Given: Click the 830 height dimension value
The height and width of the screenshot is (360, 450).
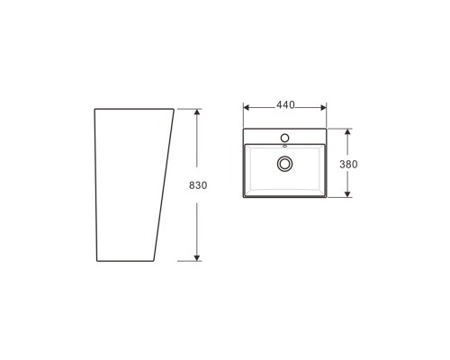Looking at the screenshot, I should pyautogui.click(x=199, y=185).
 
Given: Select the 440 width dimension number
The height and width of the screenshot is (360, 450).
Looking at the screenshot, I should pyautogui.click(x=285, y=105).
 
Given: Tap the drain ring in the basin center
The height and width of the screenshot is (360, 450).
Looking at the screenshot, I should pyautogui.click(x=285, y=163).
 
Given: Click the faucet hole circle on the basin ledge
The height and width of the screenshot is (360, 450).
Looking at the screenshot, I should pyautogui.click(x=285, y=137).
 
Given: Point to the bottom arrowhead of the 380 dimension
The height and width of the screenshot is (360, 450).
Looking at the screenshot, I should pyautogui.click(x=345, y=195).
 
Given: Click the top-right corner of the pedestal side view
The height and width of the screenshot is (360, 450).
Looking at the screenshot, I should pyautogui.click(x=175, y=109).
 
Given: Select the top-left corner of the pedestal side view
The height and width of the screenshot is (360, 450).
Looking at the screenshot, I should pyautogui.click(x=95, y=109).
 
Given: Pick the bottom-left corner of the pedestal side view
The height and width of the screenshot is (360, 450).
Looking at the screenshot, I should pyautogui.click(x=95, y=261).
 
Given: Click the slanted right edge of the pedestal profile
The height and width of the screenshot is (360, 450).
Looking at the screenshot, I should pyautogui.click(x=165, y=184).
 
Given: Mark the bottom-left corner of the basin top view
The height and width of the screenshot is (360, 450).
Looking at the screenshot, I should pyautogui.click(x=245, y=197).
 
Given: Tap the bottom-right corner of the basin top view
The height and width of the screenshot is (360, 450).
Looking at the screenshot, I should pyautogui.click(x=326, y=197).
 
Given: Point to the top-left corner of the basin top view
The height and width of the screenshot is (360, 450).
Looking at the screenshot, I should pyautogui.click(x=245, y=129).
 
